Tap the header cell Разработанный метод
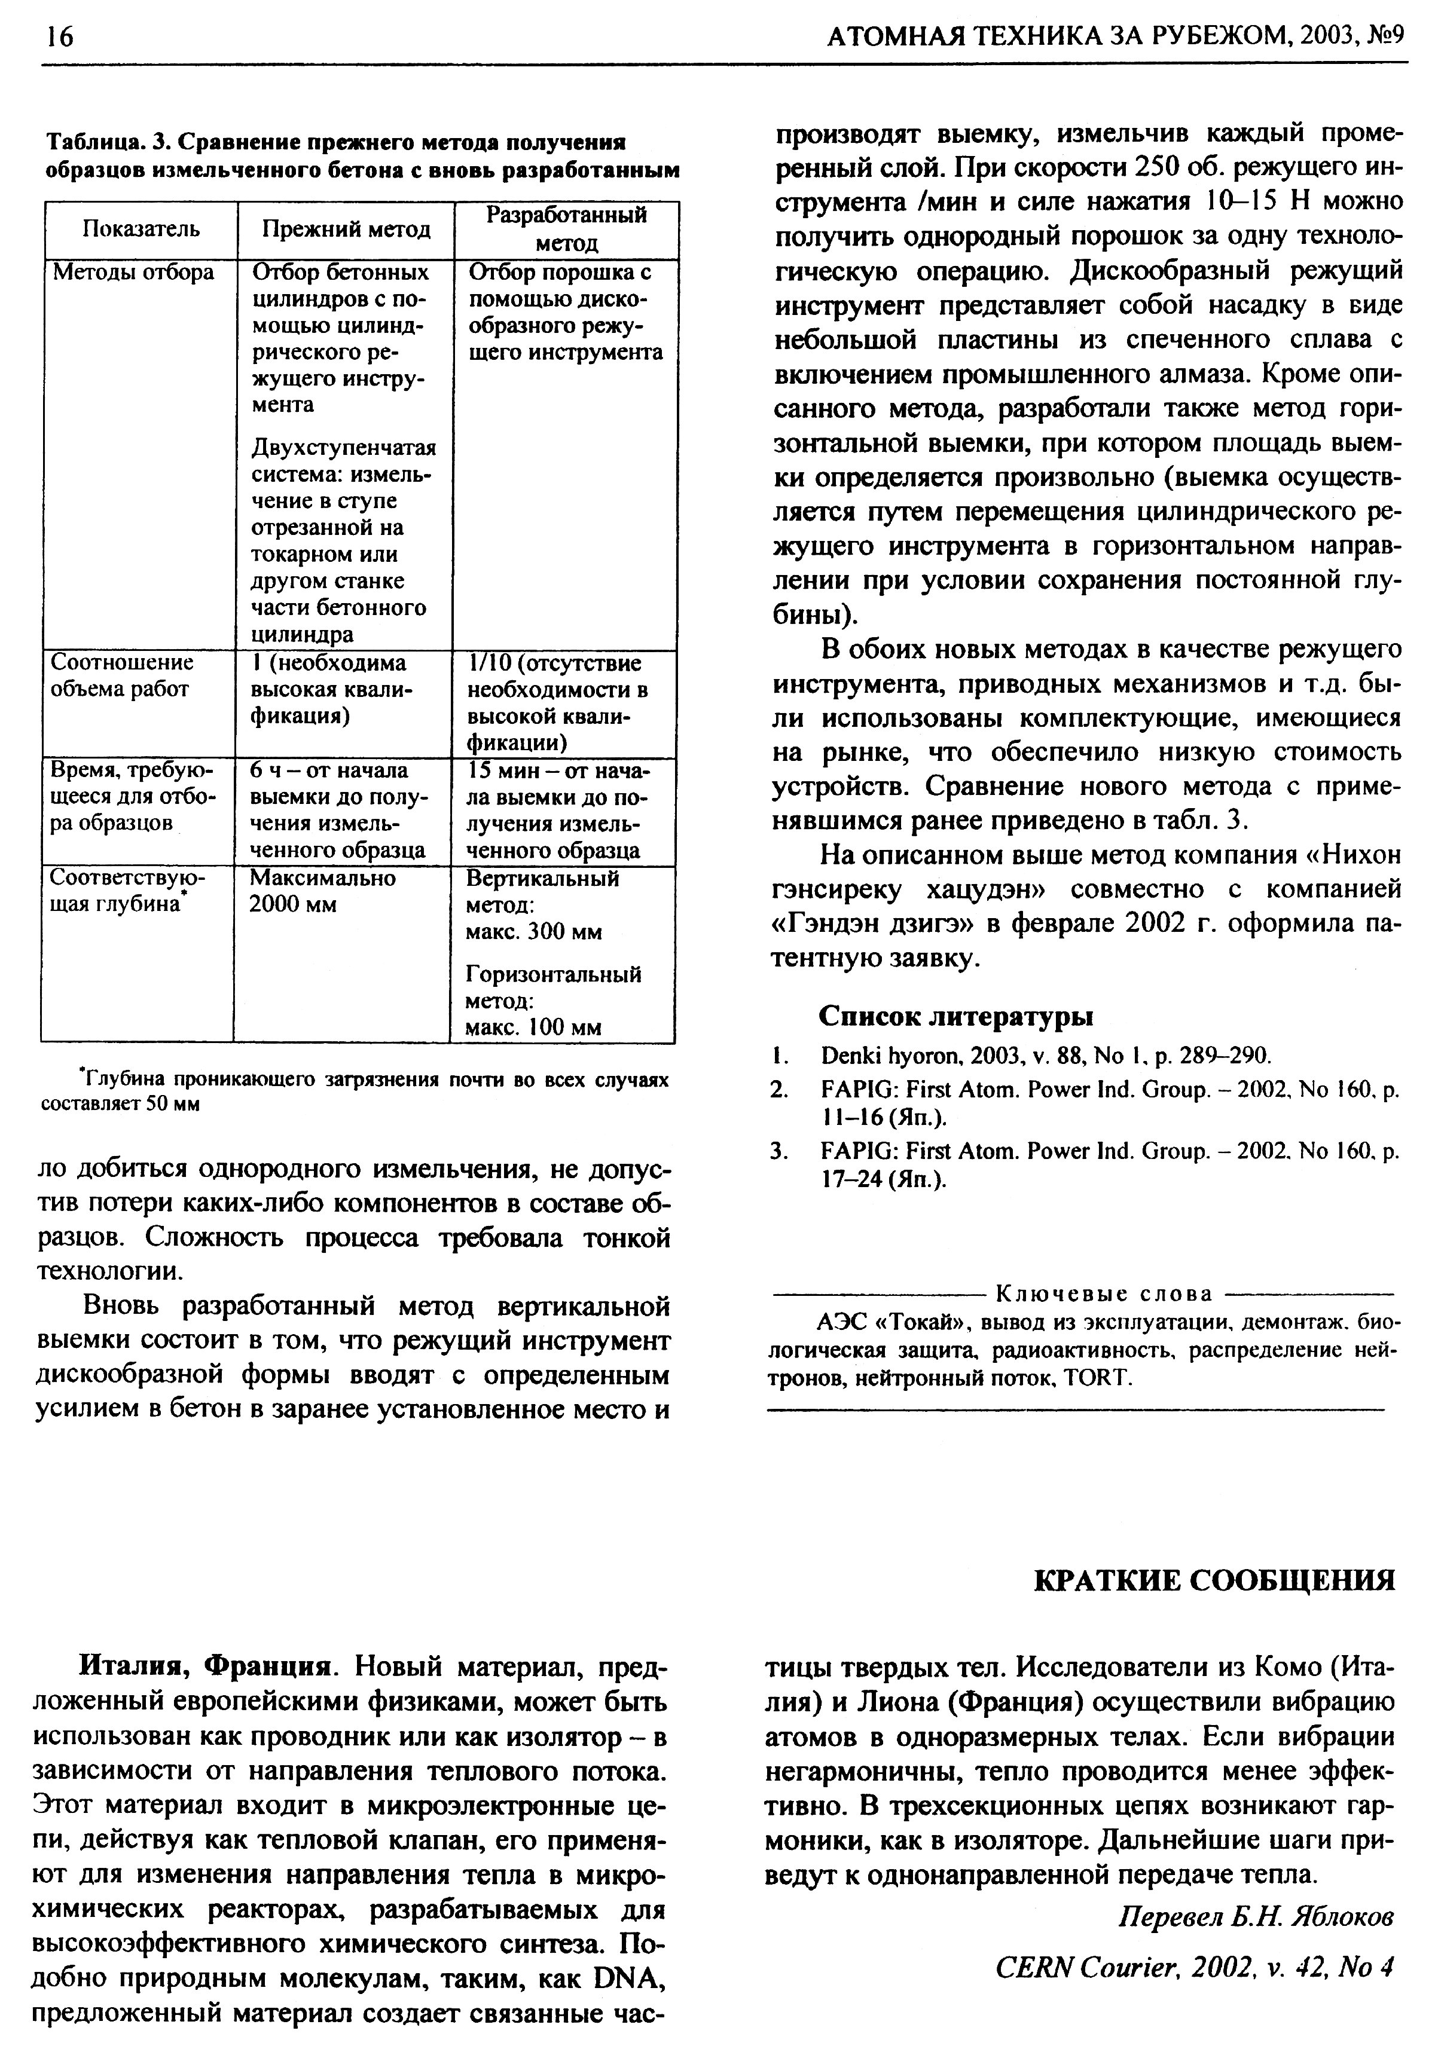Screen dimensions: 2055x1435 (566, 229)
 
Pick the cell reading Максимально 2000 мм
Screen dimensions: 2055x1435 (322, 891)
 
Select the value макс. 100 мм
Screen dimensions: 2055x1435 (533, 1027)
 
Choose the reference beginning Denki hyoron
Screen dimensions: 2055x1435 (1046, 1056)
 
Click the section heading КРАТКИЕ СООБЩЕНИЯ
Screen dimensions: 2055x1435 (1214, 1580)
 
